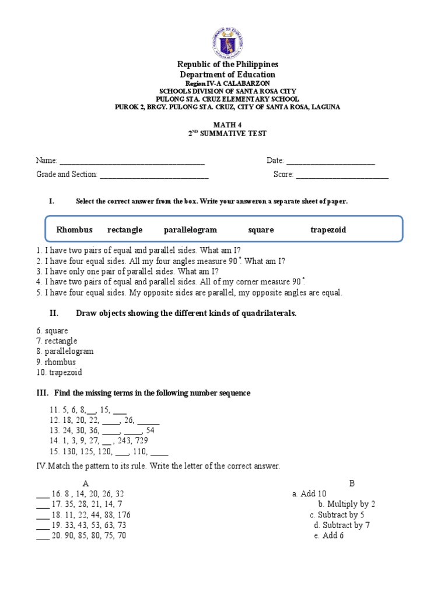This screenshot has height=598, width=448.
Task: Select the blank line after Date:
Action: point(330,161)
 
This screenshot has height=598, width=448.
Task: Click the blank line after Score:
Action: point(342,175)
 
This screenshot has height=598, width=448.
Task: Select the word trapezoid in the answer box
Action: point(328,230)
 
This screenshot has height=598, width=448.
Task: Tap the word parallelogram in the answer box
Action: point(190,230)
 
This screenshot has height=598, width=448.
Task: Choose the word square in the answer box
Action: point(261,230)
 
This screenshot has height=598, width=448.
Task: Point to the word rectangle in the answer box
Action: point(125,230)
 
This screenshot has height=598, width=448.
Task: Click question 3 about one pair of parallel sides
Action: point(127,272)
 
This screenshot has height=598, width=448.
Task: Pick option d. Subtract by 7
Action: point(341,525)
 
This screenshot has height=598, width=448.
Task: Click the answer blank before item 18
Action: point(42,515)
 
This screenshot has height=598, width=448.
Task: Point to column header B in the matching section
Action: point(352,483)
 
